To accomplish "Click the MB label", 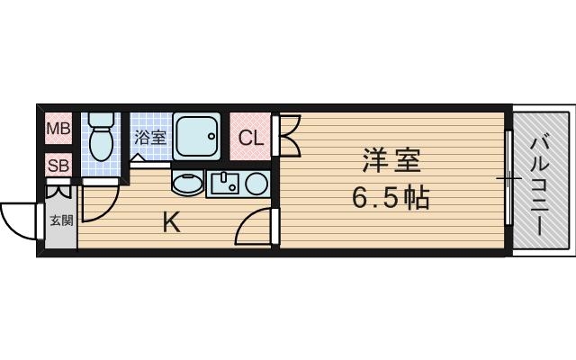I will (x=58, y=129).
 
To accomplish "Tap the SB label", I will (x=58, y=165).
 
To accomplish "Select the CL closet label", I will (x=251, y=139).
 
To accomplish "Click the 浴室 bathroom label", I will (x=150, y=138).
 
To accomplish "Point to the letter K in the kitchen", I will (x=170, y=221).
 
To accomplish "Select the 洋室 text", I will (x=391, y=162).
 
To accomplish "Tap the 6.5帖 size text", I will (x=391, y=197).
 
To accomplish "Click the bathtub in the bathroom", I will (x=197, y=137).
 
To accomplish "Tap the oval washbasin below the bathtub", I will (x=187, y=184).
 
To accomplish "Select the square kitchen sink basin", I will (x=225, y=184).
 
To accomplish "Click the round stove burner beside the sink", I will (x=256, y=184).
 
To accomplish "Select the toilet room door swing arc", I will (x=96, y=203).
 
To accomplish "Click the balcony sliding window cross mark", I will (x=508, y=179).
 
